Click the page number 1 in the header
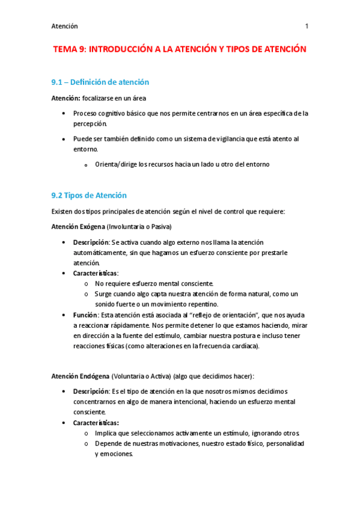pyautogui.click(x=307, y=26)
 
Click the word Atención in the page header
pyautogui.click(x=65, y=26)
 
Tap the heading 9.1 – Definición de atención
pyautogui.click(x=101, y=82)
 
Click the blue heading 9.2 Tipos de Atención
pyautogui.click(x=90, y=195)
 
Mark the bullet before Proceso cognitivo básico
pyautogui.click(x=65, y=113)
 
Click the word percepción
pyautogui.click(x=90, y=123)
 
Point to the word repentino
pyautogui.click(x=200, y=304)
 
